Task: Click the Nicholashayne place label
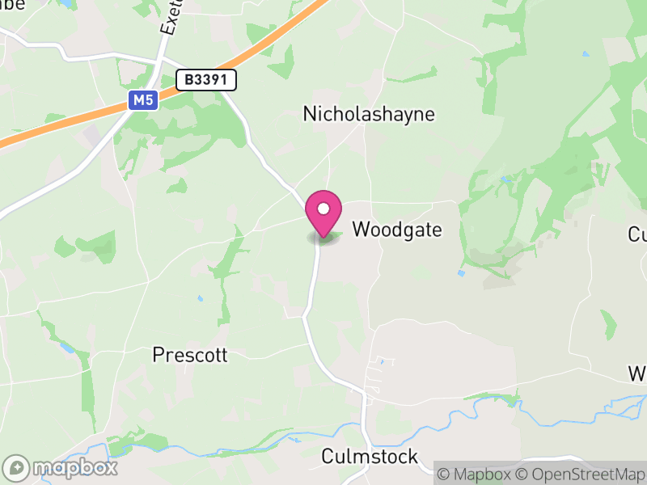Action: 369,114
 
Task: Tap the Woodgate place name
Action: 398,230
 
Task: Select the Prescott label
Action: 190,355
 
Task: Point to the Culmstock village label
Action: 370,457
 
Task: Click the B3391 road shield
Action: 206,79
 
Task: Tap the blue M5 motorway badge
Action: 142,100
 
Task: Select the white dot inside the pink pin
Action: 323,209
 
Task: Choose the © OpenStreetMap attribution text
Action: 581,474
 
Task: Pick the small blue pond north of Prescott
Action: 200,297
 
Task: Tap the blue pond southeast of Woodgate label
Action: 461,273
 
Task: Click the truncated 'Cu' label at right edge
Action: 637,234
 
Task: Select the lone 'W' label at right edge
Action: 638,373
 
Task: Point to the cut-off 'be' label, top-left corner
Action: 12,5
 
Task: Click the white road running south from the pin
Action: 311,291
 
